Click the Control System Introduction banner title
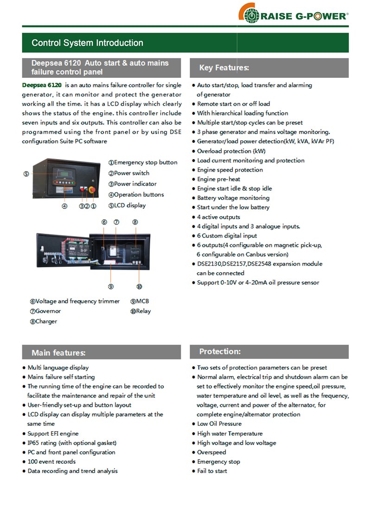click(87, 43)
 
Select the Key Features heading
click(224, 68)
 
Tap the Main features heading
click(58, 353)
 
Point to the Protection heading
click(220, 352)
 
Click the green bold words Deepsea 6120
click(42, 85)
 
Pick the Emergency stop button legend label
click(143, 162)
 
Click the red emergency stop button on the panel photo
click(93, 190)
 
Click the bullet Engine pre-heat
click(218, 179)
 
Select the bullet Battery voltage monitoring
click(233, 198)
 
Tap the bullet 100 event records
click(51, 461)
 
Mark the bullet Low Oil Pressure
click(219, 424)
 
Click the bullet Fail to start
click(212, 471)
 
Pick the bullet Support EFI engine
click(53, 433)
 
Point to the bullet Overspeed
click(211, 452)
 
